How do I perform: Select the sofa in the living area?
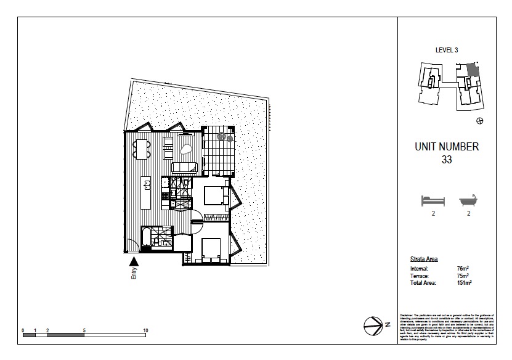click(x=184, y=166)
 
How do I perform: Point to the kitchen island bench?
click(x=147, y=192)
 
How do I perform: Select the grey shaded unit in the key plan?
click(x=471, y=70)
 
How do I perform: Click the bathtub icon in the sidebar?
click(x=469, y=200)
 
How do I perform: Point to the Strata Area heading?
click(x=424, y=259)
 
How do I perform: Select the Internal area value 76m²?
click(x=463, y=269)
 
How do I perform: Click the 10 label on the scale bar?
click(x=145, y=330)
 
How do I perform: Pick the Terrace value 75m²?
click(x=463, y=276)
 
